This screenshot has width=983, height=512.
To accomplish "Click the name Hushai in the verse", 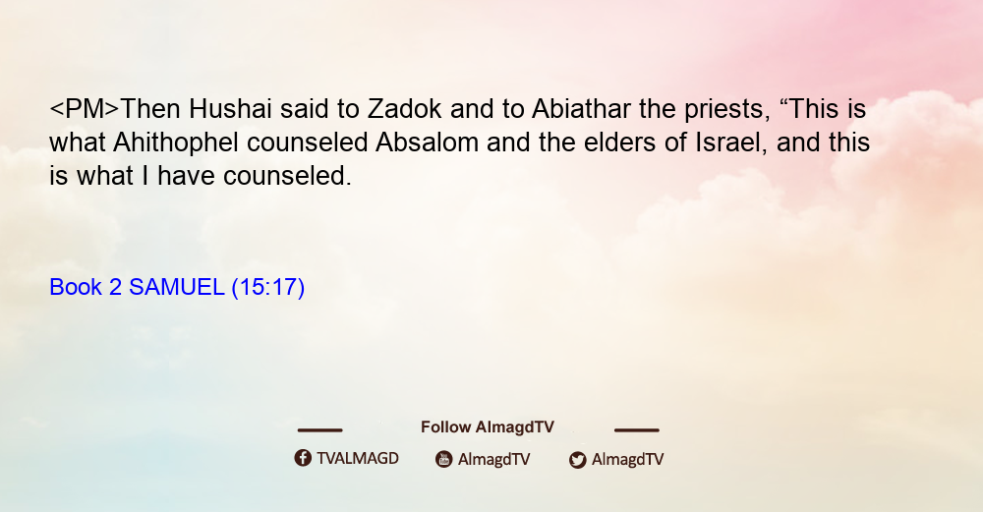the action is [230, 109].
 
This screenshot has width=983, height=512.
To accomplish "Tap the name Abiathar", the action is [581, 109].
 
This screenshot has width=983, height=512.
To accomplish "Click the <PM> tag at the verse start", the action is [84, 109].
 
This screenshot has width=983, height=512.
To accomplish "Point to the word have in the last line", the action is [186, 176].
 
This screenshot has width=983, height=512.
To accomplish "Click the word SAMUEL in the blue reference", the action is [176, 287].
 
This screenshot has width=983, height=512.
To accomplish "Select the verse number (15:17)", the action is [268, 288].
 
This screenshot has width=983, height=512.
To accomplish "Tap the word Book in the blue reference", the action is [76, 287].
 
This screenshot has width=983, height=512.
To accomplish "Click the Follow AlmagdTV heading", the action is [488, 427].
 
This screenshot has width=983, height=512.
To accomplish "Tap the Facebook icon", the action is [303, 458].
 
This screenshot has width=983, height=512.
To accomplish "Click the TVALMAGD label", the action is [358, 459].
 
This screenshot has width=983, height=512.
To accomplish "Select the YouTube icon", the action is [444, 459].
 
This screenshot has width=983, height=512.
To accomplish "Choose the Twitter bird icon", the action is [577, 460].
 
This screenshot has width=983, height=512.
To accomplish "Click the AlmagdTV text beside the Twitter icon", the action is [627, 460].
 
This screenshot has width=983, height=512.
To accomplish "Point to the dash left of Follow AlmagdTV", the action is [319, 430].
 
